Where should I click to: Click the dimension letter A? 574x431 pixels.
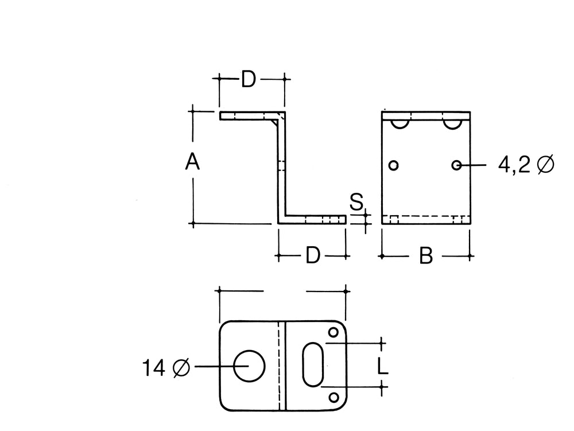tap(192, 162)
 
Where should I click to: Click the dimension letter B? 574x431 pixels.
tap(425, 256)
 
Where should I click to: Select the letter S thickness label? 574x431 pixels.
tap(356, 202)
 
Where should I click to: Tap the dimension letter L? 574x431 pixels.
tap(383, 365)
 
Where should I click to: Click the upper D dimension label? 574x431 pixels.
tap(247, 80)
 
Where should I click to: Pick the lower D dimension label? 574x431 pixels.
tap(312, 255)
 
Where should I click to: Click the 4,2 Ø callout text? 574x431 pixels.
tap(526, 165)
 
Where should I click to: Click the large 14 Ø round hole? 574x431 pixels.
tap(250, 366)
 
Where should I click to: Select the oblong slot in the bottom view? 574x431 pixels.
tap(313, 365)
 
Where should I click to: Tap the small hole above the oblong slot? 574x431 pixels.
tap(333, 332)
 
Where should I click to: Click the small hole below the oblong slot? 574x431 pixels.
tap(333, 397)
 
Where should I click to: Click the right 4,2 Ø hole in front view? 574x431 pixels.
tap(456, 165)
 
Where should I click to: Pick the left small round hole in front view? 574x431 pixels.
tap(393, 165)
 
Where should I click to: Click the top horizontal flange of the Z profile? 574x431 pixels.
tap(247, 116)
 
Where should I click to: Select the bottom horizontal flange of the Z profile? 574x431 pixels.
tap(316, 220)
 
